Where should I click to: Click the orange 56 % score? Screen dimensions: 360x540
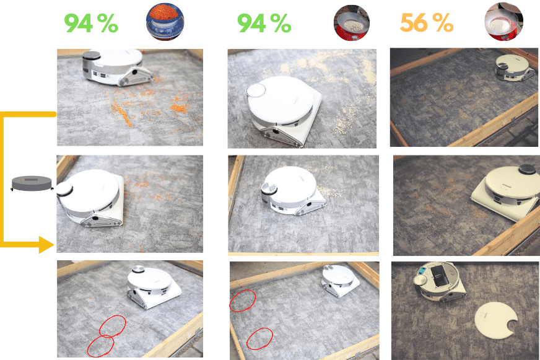(x=426, y=24)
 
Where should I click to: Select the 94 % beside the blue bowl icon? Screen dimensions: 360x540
(x=91, y=24)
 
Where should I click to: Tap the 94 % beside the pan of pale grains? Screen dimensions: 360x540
(x=264, y=24)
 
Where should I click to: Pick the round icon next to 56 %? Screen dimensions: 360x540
(x=503, y=22)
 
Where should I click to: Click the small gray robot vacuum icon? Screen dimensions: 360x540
(x=32, y=183)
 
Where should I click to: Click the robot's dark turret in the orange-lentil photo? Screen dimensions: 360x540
(x=91, y=56)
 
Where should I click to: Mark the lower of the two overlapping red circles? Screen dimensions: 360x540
(x=100, y=346)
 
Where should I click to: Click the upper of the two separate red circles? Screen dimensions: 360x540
(x=242, y=301)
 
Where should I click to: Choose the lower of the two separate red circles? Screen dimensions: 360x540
(x=259, y=338)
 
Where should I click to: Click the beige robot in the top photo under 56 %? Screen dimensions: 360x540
(x=513, y=66)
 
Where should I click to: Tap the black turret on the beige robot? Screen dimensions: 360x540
(x=526, y=168)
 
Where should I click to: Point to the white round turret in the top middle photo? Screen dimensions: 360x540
(x=256, y=90)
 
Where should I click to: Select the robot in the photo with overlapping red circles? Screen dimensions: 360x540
(x=152, y=286)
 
